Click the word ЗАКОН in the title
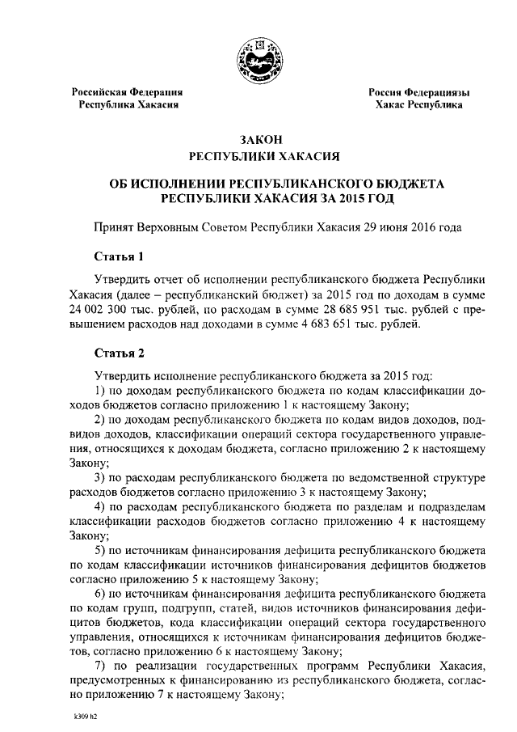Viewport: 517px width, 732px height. click(x=258, y=140)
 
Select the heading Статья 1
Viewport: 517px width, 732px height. click(x=119, y=258)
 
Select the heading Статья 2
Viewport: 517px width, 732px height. click(x=119, y=353)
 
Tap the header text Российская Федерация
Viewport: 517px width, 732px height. click(x=128, y=93)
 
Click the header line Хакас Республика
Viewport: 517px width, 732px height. click(x=419, y=106)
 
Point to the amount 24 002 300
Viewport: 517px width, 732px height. click(x=105, y=310)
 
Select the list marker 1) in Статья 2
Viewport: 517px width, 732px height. click(x=101, y=391)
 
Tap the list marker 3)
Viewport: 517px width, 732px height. click(x=101, y=478)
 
